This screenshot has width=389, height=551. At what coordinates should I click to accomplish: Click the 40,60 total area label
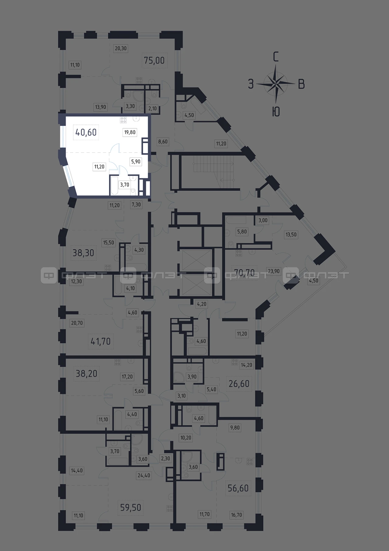click(x=86, y=132)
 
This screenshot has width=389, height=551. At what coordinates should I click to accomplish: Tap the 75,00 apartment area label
click(x=154, y=60)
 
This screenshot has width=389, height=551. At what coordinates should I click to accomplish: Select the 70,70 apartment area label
click(x=244, y=272)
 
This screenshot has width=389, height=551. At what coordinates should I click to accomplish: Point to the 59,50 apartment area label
click(x=131, y=507)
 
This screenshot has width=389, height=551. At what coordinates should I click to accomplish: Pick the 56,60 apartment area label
click(x=238, y=488)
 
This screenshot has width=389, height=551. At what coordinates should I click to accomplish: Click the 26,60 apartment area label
click(x=239, y=384)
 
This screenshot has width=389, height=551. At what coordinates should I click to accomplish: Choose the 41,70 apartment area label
click(x=101, y=341)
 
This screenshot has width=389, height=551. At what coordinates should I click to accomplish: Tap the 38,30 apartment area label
click(x=83, y=252)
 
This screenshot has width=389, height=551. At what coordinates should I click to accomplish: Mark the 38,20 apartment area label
click(x=86, y=373)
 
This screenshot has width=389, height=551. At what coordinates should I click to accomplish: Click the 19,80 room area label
click(x=130, y=132)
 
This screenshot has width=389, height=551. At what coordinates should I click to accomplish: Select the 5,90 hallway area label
click(x=136, y=161)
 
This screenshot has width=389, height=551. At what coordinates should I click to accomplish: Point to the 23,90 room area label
click(x=274, y=271)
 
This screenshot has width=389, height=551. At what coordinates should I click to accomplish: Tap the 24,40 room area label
click(x=144, y=475)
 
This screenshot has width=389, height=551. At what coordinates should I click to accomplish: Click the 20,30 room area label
click(x=121, y=48)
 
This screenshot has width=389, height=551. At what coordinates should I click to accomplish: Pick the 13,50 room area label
click(x=291, y=234)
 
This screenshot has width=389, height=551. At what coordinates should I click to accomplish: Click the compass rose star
click(x=276, y=83)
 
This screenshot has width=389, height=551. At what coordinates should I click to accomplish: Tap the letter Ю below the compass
click(x=276, y=112)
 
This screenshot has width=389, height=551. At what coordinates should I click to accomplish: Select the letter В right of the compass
click(x=301, y=84)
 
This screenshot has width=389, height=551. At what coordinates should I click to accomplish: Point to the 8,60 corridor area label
click(x=163, y=141)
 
